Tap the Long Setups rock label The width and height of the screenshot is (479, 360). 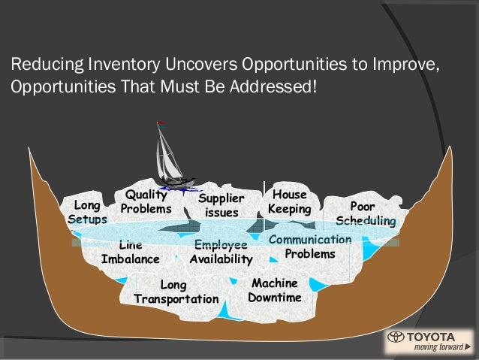pos(88,212)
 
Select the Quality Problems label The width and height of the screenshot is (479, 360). pos(146,201)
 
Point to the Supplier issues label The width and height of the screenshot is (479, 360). pos(221,206)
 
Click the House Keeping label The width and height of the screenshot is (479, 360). pos(289,201)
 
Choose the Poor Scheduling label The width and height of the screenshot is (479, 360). pos(366,213)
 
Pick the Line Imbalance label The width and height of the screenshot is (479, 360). pos(131,253)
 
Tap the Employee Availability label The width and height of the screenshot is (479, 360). pos(221,253)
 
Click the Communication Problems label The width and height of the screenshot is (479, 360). pos(310,247)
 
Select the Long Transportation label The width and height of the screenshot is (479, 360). pos(176,292)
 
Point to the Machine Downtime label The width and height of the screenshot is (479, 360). pos(275,290)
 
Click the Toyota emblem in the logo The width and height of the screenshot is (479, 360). pos(396,337)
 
